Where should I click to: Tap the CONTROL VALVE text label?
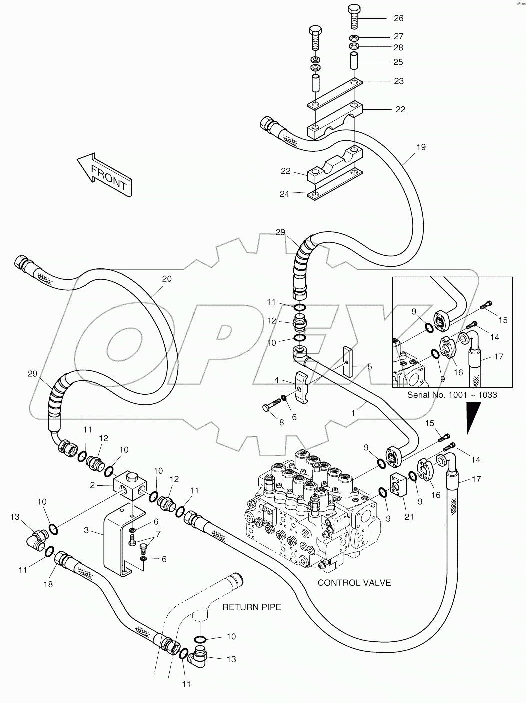point(354,582)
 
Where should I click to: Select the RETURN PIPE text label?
point(252,607)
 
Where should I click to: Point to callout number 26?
point(398,19)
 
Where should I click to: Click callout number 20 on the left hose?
point(167,279)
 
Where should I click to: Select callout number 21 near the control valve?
point(409,517)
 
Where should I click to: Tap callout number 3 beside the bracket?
point(86,530)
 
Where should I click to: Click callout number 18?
point(49,584)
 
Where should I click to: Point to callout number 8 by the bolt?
point(281,422)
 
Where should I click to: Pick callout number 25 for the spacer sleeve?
point(398,62)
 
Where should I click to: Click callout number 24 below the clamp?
point(284,194)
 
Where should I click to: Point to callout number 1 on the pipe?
point(353,413)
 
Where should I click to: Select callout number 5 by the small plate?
point(369,367)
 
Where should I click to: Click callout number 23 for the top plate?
point(398,81)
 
